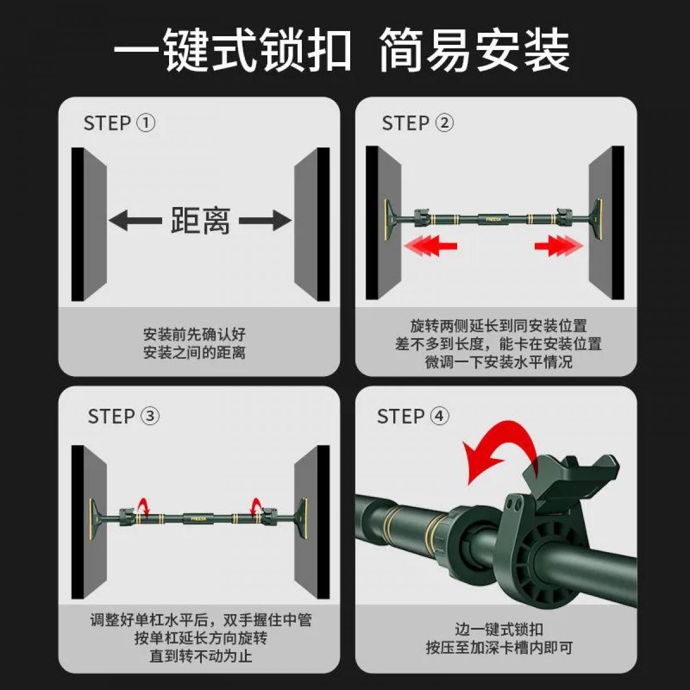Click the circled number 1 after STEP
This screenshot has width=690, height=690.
(x=146, y=123)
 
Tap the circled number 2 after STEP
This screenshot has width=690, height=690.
(x=444, y=123)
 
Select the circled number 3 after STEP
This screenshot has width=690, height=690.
(x=150, y=416)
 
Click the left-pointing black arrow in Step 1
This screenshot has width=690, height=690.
(x=135, y=220)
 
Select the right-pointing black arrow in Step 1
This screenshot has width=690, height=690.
(x=265, y=220)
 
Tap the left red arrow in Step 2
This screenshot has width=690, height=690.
(x=430, y=246)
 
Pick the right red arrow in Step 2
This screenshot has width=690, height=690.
(x=559, y=246)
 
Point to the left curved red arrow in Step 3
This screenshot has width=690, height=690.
(x=144, y=507)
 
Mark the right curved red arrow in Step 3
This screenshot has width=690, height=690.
(x=256, y=507)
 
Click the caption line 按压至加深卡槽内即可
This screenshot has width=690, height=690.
(x=499, y=647)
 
